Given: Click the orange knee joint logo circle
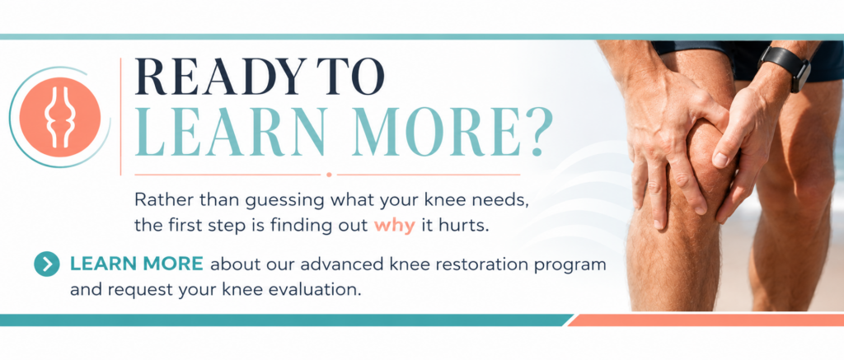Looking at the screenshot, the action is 59,117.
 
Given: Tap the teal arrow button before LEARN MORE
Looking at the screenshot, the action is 47,264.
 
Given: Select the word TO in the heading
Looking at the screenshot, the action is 351,77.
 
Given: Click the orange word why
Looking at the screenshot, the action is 395,225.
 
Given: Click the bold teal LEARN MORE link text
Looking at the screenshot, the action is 137,264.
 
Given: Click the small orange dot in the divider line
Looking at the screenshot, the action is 329,175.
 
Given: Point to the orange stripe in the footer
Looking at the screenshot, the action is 706,320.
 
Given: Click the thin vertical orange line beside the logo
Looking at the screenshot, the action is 120,116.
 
